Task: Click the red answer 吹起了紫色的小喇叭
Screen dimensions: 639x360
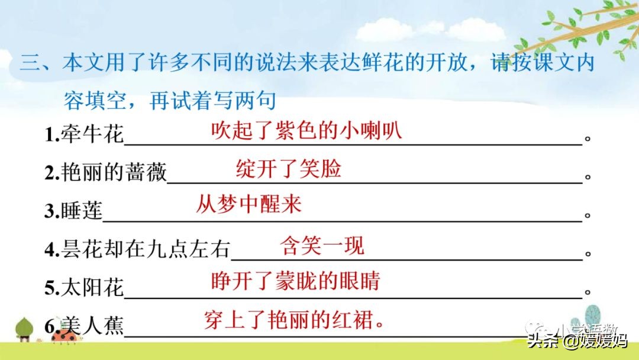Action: tap(306, 130)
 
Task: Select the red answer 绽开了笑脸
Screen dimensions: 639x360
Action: tap(289, 168)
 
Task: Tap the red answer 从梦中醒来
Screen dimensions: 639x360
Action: tap(248, 204)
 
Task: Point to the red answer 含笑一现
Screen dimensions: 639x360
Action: tap(322, 246)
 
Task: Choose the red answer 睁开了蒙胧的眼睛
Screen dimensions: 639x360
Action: tap(295, 281)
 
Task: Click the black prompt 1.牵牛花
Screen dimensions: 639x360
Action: tap(84, 134)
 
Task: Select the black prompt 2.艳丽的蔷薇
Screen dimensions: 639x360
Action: tap(105, 172)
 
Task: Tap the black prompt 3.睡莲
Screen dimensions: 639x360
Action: tap(73, 210)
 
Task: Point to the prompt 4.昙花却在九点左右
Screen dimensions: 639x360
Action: tap(137, 249)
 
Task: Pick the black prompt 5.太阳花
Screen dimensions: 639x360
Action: tap(84, 287)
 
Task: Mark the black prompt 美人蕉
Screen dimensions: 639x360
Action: tap(93, 326)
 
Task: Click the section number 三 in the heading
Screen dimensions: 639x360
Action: tap(30, 63)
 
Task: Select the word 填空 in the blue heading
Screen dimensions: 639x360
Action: tap(106, 101)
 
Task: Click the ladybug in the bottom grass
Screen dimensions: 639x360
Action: tap(65, 336)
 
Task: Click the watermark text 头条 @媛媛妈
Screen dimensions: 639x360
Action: tap(578, 340)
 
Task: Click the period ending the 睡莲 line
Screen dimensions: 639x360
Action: tap(588, 215)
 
